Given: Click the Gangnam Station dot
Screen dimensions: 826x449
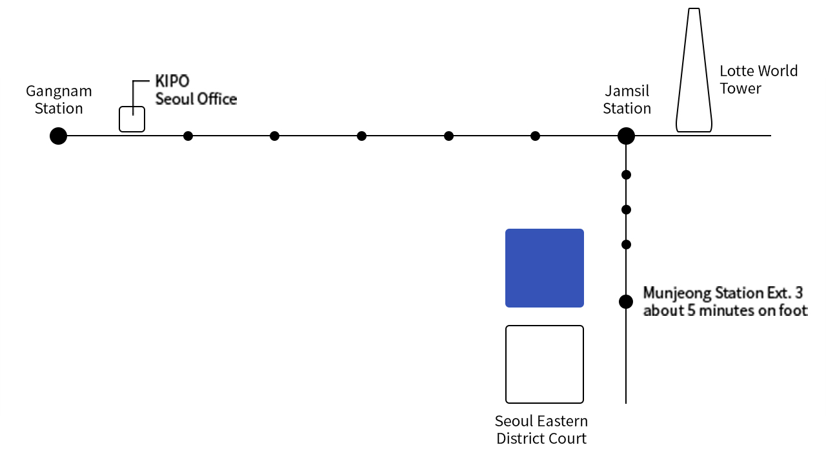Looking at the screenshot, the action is tap(58, 136).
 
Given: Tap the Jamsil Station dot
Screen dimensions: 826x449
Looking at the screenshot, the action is tap(626, 136).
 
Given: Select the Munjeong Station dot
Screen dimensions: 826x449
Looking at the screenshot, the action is tap(626, 302).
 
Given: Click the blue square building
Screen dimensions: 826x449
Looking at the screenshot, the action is tap(544, 268).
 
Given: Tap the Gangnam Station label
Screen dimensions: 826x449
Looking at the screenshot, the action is tap(59, 99).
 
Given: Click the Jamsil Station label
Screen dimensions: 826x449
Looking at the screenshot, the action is tap(627, 99).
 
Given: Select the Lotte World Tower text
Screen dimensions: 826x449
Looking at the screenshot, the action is tap(758, 79).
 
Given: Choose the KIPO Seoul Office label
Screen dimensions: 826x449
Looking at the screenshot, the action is tap(196, 90).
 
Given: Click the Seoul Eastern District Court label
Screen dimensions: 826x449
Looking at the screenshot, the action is tap(541, 430).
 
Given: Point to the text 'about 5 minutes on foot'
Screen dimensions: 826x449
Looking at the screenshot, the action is tap(725, 311).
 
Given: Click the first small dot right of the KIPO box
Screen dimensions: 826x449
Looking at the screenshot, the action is tap(188, 136).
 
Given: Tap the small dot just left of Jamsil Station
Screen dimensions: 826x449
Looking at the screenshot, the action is tap(535, 136).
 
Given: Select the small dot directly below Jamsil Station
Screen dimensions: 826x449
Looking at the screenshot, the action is tap(626, 174).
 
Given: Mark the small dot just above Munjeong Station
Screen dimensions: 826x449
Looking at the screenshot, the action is tap(626, 244).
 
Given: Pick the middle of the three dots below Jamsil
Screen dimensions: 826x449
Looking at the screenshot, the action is tap(626, 210).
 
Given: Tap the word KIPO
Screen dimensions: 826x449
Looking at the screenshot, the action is tap(172, 81).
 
